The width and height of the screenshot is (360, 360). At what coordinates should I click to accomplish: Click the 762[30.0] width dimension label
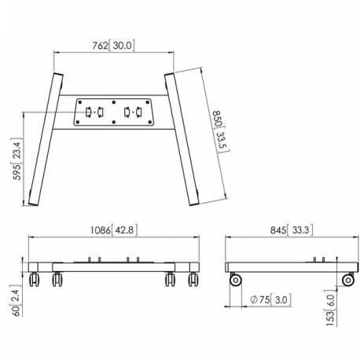(113, 45)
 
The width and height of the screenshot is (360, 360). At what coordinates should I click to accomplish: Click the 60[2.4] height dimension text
(16, 300)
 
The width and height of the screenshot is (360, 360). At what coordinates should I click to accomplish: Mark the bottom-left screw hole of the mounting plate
(79, 121)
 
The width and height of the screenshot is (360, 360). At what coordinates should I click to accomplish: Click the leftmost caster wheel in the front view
(35, 279)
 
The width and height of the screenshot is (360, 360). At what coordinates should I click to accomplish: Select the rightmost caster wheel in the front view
(192, 279)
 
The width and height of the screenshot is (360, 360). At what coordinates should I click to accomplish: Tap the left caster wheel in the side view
(235, 280)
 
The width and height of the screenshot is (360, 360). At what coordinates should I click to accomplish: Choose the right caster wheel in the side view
(347, 280)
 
